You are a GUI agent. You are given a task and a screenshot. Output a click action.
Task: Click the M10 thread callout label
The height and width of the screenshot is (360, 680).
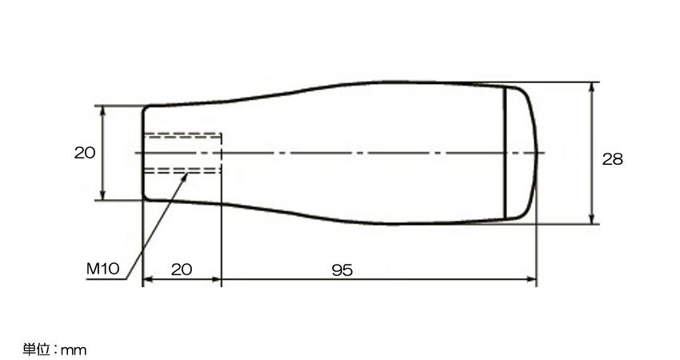click(x=102, y=269)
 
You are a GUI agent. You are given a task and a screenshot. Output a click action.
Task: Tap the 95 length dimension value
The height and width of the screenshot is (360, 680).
click(x=342, y=270)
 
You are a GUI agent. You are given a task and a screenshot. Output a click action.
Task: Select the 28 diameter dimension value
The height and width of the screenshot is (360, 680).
click(x=612, y=159)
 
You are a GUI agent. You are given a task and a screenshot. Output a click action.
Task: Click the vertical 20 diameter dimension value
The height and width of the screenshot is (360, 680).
click(x=85, y=153)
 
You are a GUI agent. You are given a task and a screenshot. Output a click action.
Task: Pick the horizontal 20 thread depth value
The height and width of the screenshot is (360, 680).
click(x=182, y=270)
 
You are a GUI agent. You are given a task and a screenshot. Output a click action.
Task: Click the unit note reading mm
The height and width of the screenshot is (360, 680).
click(x=74, y=350)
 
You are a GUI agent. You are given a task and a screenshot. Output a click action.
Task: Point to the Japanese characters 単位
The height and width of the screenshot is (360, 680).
click(x=37, y=349)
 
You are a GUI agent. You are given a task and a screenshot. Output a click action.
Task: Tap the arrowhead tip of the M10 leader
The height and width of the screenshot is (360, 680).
click(x=187, y=174)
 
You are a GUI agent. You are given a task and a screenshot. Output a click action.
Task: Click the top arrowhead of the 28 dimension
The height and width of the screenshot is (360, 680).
click(x=592, y=83)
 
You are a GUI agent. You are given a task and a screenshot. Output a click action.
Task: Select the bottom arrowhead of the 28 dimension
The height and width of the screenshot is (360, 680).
click(x=592, y=223)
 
